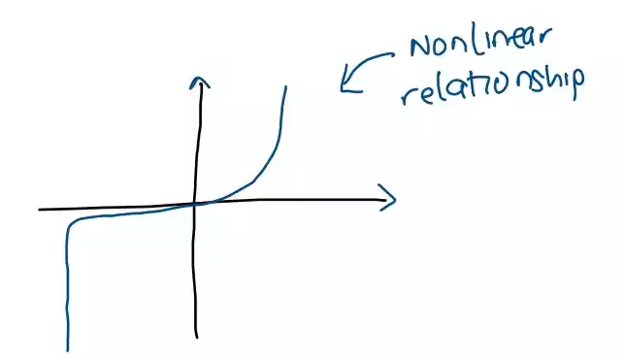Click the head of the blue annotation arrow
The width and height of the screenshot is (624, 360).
pyautogui.click(x=343, y=88)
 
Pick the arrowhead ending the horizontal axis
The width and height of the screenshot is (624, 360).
pyautogui.click(x=392, y=199)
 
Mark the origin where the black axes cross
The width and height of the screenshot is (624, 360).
pyautogui.click(x=196, y=203)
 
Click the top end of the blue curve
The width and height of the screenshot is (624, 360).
pyautogui.click(x=286, y=86)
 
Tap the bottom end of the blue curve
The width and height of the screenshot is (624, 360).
pyautogui.click(x=67, y=348)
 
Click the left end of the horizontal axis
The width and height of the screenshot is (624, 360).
pyautogui.click(x=41, y=209)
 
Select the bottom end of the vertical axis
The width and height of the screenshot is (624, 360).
pyautogui.click(x=197, y=337)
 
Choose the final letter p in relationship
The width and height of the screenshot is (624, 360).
pyautogui.click(x=578, y=88)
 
